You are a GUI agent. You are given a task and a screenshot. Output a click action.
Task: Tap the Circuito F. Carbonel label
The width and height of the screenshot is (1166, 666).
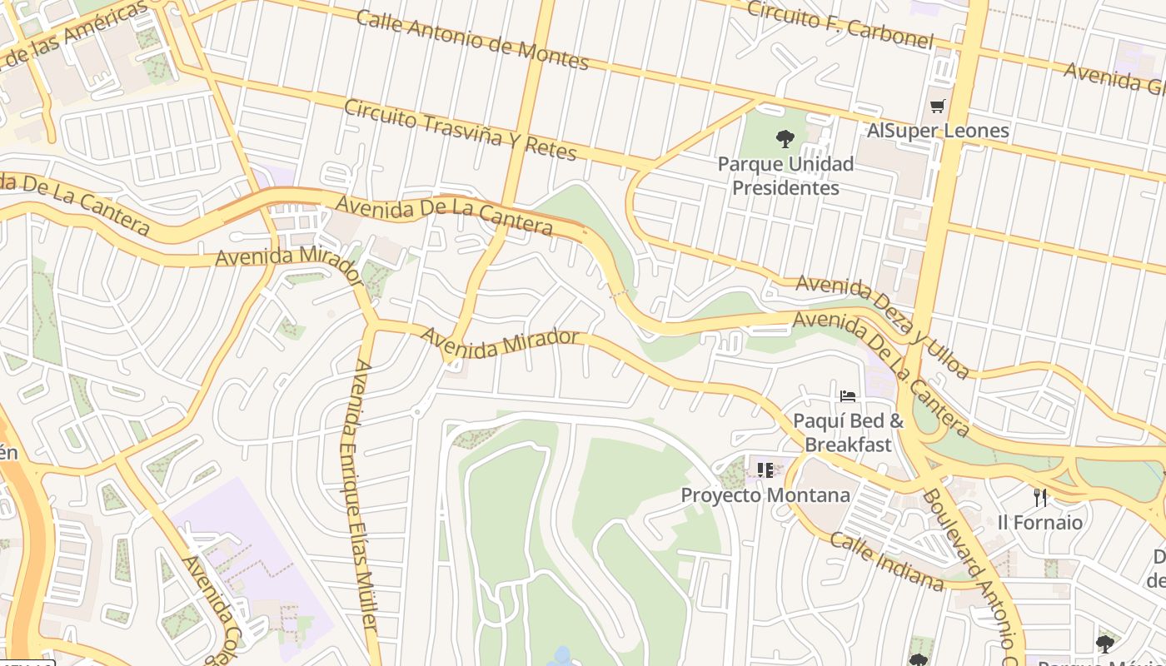pos(840,23)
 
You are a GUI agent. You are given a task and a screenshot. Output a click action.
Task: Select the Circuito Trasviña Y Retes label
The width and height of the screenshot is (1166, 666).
pos(460,130)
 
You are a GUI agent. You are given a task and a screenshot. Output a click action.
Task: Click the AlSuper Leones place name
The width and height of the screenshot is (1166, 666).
pos(938,131)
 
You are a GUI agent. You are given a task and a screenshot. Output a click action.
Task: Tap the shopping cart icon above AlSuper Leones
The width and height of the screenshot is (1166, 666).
pos(938,106)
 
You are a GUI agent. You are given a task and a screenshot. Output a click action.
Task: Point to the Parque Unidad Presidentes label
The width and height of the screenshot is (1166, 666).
pos(785,176)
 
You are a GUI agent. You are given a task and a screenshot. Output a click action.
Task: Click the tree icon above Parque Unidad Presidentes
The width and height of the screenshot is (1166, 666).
pos(785,138)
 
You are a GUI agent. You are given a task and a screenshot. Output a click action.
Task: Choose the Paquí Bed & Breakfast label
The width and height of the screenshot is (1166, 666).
pos(848,432)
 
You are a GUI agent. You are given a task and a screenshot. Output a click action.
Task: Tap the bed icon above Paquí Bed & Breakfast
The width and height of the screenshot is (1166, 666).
pos(848,395)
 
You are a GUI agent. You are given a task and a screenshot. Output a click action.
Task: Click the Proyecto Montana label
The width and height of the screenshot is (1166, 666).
pos(765,495)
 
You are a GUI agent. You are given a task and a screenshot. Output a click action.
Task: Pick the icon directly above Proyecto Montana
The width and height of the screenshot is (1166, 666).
pos(765,470)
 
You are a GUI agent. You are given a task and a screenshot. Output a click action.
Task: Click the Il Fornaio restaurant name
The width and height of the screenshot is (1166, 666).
pos(1040,523)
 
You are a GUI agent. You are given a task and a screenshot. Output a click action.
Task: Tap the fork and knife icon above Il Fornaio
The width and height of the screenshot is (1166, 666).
pos(1040,498)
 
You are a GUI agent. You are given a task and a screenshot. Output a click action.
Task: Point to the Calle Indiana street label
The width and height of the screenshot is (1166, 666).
pos(887,562)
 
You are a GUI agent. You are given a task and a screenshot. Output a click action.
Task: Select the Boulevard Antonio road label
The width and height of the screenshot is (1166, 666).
pos(970,566)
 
